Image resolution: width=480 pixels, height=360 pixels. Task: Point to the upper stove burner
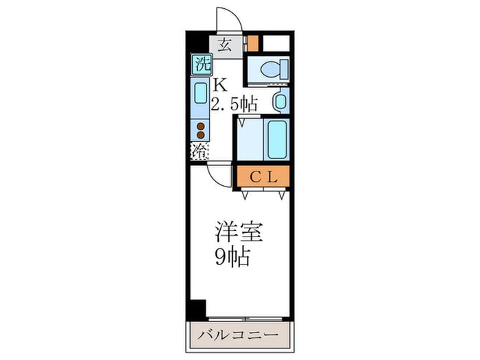tap(201, 126)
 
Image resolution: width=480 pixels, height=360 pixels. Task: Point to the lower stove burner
tap(201, 136)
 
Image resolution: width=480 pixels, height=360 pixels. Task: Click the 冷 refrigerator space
tap(200, 152)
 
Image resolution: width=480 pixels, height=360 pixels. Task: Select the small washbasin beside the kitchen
tap(280, 101)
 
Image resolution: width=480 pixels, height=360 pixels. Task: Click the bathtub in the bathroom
tap(277, 140)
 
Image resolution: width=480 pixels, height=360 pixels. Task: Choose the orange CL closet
tap(263, 176)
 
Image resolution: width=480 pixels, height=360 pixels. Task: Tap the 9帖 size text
tap(230, 259)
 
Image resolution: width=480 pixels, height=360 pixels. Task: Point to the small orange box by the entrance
tap(253, 43)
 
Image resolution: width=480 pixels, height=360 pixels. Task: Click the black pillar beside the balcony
tap(197, 309)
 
